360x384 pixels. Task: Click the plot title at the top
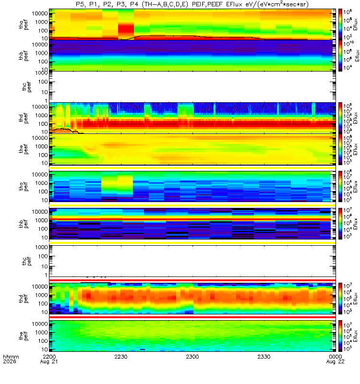[x=192, y=4]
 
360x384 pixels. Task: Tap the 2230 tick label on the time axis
[x=121, y=357]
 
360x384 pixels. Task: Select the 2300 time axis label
[x=192, y=357]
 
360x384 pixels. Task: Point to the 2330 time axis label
[x=264, y=357]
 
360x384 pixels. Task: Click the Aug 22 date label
[x=335, y=362]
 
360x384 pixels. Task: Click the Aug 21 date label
[x=49, y=362]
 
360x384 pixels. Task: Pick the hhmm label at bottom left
[x=11, y=357]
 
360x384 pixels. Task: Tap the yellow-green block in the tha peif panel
[x=117, y=185]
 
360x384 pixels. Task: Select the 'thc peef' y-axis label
[x=27, y=87]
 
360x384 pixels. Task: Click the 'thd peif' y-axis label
[x=23, y=298]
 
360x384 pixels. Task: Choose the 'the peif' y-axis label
[x=23, y=336]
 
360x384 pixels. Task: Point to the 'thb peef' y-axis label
[x=24, y=56]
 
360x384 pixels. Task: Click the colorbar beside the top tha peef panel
[x=340, y=24]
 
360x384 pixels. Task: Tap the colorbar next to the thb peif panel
[x=340, y=224]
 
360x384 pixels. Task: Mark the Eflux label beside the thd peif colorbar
[x=356, y=298]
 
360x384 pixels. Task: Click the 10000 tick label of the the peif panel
[x=40, y=324]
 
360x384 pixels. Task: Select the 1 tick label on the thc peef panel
[x=46, y=101]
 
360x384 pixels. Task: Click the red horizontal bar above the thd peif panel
[x=192, y=280]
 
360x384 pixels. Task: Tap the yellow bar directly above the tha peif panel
[x=192, y=168]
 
